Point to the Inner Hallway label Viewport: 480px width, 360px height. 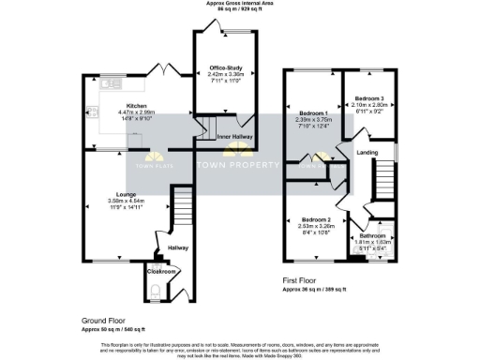click(x=234, y=137)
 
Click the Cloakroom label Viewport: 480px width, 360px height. click(x=162, y=271)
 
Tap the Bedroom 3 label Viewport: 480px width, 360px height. click(x=368, y=98)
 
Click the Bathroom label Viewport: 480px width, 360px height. click(x=373, y=236)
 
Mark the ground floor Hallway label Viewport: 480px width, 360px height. click(x=178, y=248)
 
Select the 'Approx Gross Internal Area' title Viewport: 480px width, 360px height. click(x=240, y=4)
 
